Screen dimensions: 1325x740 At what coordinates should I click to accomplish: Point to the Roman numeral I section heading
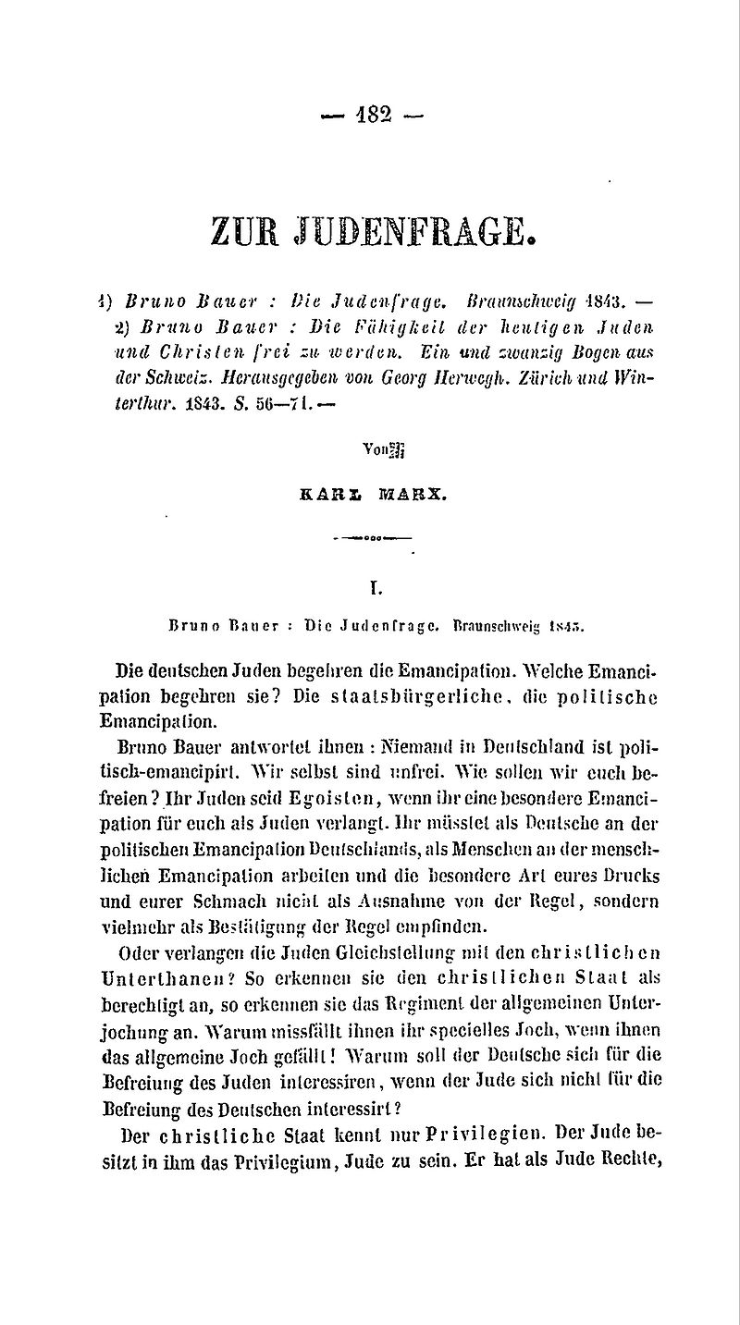click(x=370, y=585)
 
